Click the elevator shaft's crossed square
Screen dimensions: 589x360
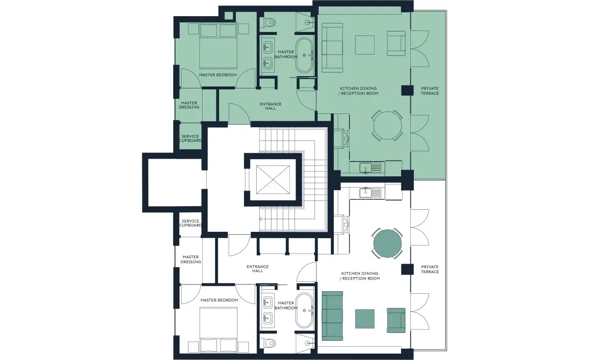tap(273, 180)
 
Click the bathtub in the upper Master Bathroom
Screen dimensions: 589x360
tap(304, 55)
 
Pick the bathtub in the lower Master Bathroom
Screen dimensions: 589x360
tap(304, 310)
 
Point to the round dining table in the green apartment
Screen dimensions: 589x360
tap(387, 126)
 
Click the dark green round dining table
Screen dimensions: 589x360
tap(387, 244)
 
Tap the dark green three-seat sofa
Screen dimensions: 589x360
tap(332, 316)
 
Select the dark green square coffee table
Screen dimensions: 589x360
tap(365, 319)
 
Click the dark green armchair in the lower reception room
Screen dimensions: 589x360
tap(396, 320)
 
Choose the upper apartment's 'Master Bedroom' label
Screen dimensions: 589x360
tap(218, 75)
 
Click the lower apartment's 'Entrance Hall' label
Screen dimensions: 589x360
tap(258, 269)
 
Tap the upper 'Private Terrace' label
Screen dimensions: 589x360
tap(430, 91)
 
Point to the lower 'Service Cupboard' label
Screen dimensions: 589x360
tap(190, 223)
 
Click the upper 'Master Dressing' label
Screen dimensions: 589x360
tap(189, 105)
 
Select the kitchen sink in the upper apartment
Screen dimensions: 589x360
tap(370, 168)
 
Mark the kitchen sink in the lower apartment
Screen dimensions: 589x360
tap(370, 193)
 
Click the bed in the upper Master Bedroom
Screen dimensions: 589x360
tap(218, 46)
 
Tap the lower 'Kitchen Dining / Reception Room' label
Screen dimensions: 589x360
tap(359, 276)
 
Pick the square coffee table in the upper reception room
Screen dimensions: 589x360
tap(365, 45)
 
